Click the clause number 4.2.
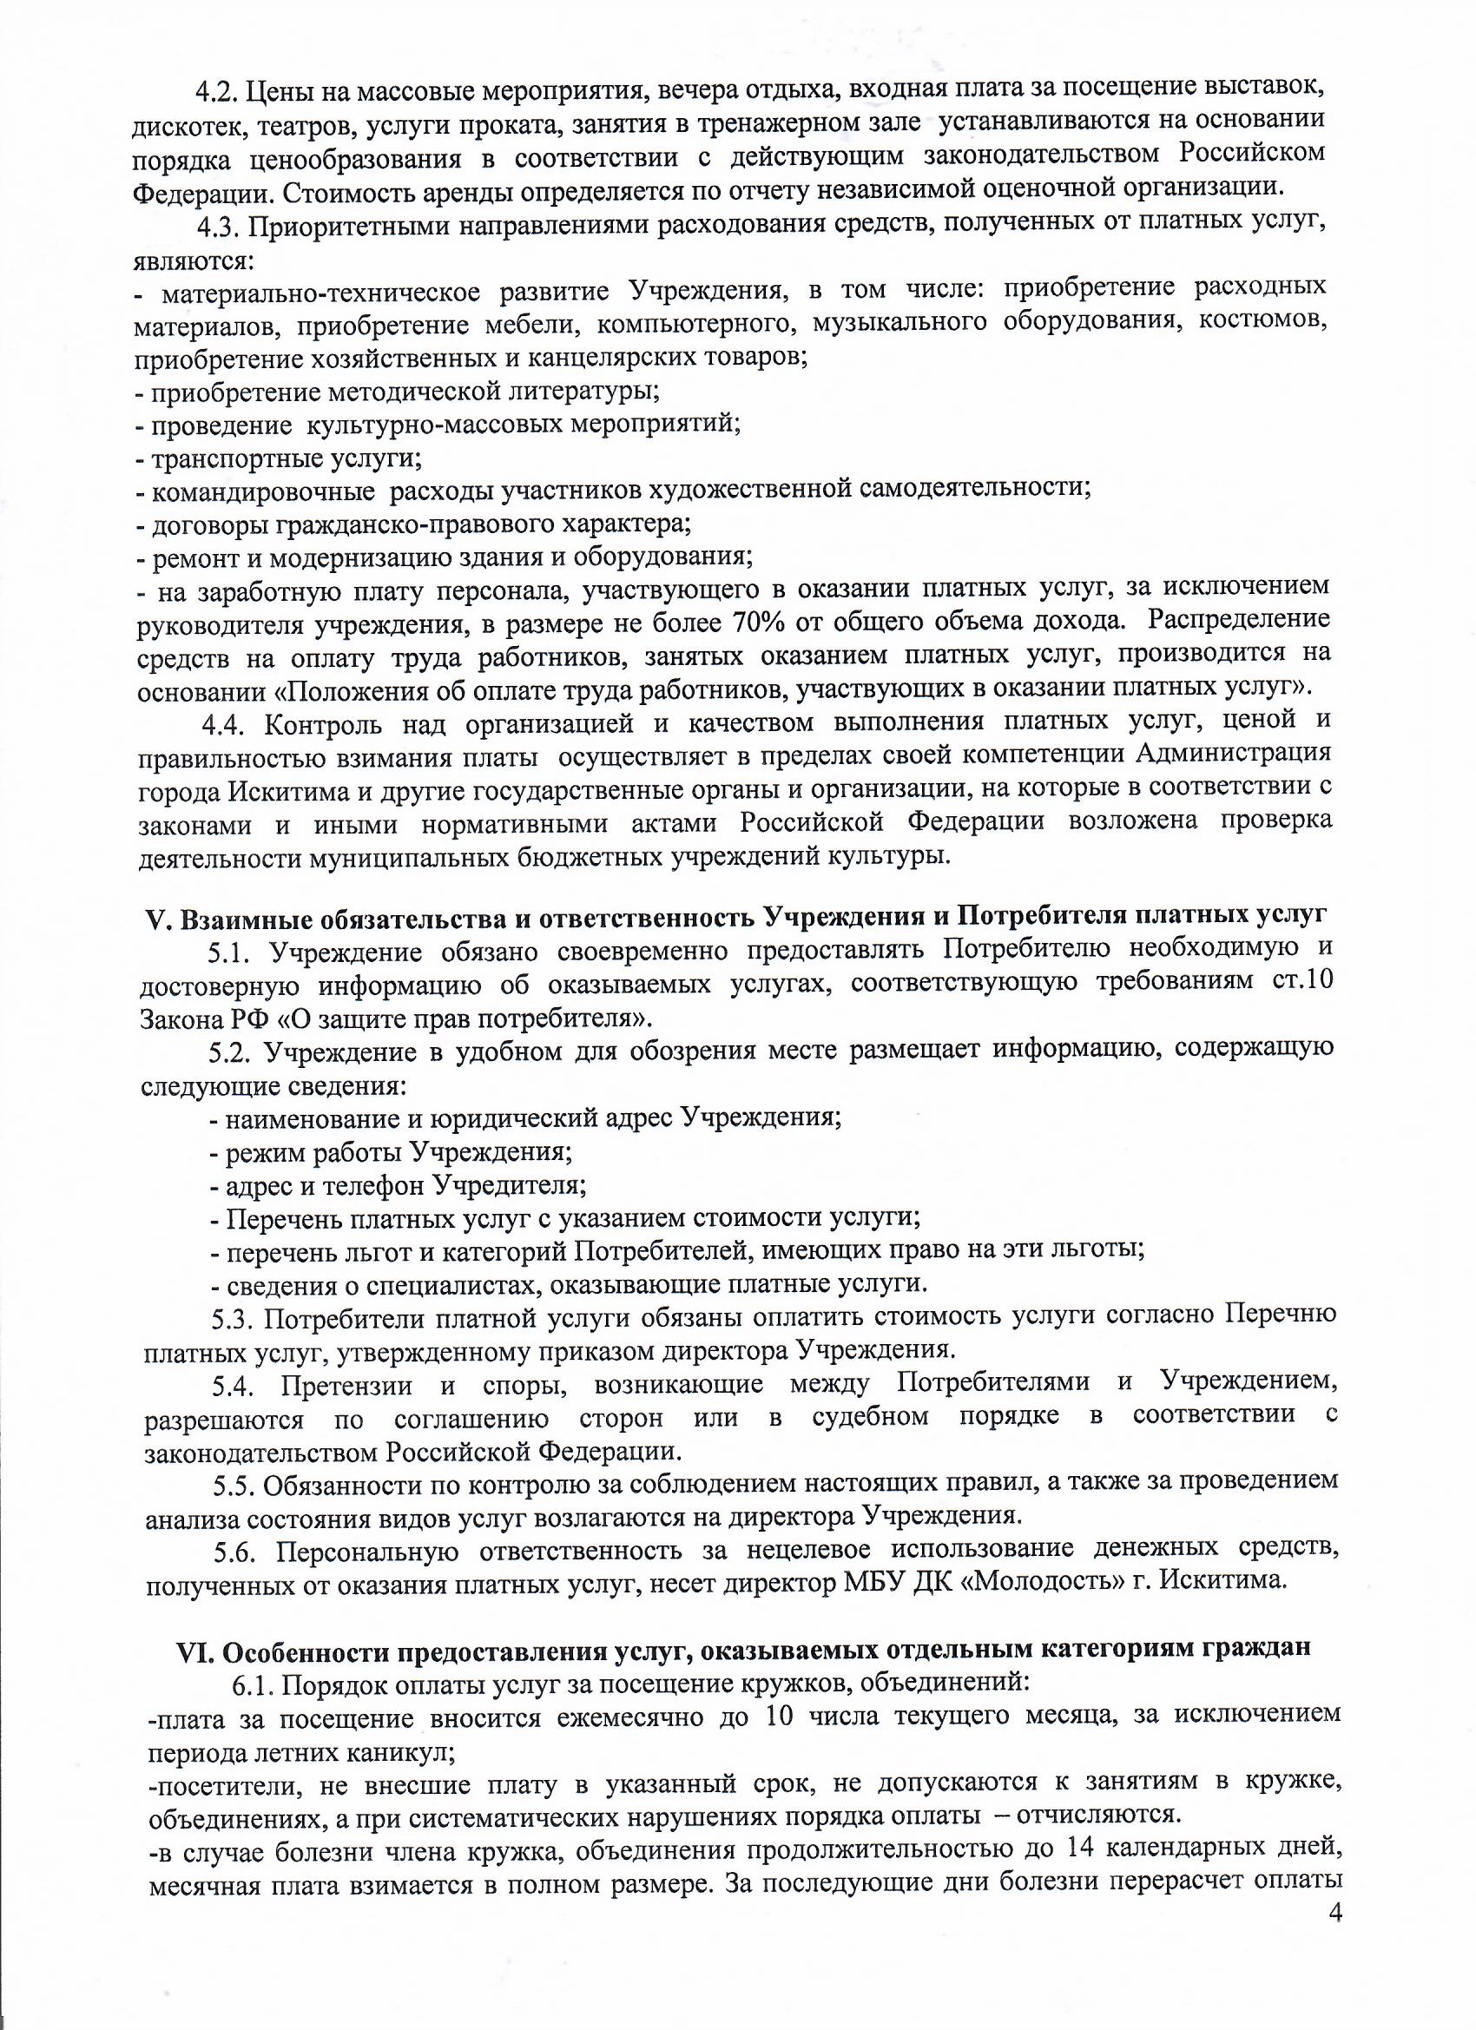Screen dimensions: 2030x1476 click(216, 90)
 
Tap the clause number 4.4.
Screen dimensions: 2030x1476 click(223, 723)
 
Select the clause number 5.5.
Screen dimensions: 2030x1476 click(234, 1485)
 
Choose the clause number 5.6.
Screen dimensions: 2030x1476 click(235, 1550)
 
